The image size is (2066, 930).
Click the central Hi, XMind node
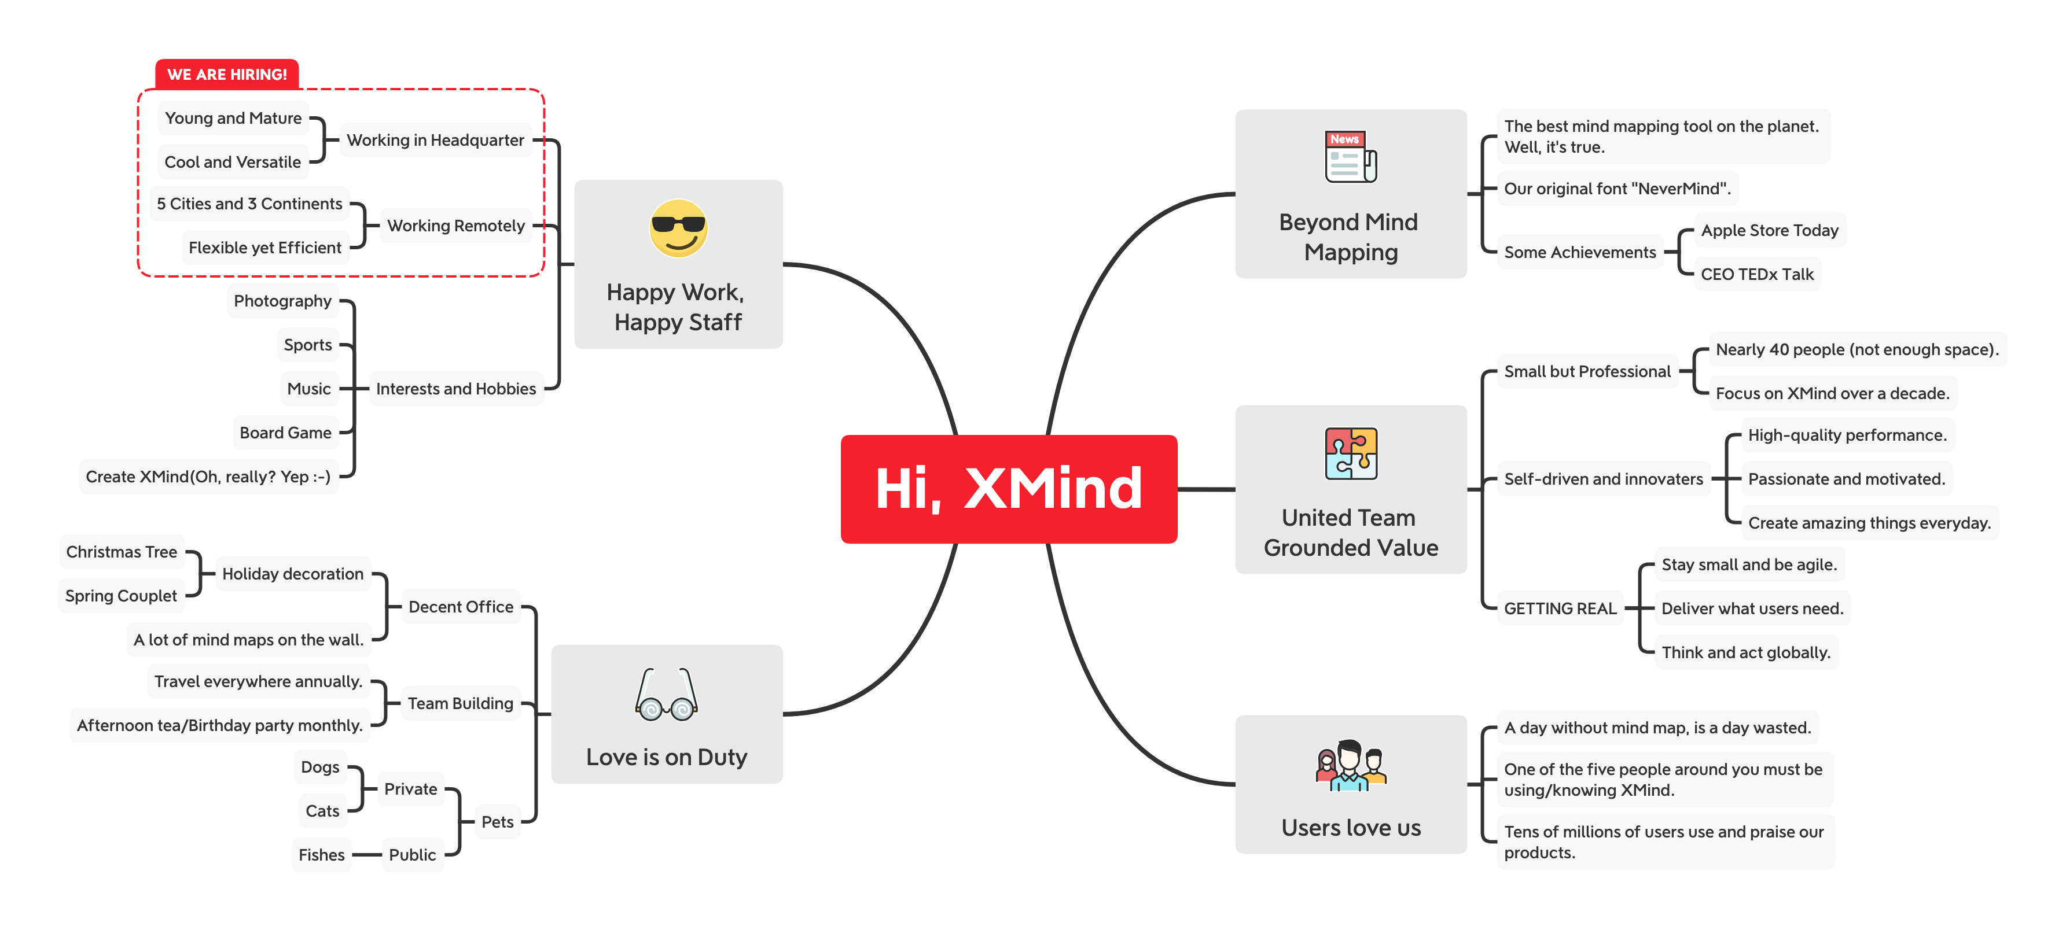point(1008,488)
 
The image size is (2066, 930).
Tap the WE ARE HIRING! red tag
point(227,75)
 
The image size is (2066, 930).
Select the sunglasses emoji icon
point(678,228)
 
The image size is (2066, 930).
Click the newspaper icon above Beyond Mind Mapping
point(1351,157)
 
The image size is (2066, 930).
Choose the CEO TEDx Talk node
point(1756,274)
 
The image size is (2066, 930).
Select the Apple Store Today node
point(1769,230)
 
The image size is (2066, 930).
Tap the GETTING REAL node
point(1560,608)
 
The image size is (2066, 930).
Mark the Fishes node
point(322,855)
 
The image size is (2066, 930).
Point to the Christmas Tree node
point(122,552)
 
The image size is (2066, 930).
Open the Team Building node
point(460,703)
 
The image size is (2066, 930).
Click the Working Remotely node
point(455,226)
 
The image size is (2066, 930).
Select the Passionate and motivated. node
point(1846,479)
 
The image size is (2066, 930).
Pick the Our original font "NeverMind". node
point(1617,189)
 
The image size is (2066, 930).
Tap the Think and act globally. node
point(1745,652)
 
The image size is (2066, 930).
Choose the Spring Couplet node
point(121,596)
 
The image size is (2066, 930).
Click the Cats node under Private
point(322,810)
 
